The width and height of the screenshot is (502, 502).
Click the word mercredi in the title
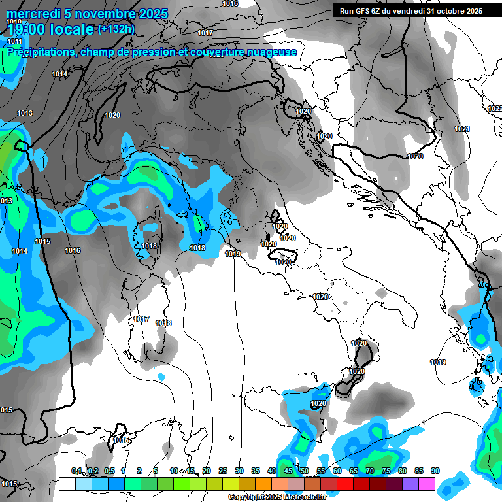[33, 14]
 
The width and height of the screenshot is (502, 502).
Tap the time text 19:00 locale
[51, 29]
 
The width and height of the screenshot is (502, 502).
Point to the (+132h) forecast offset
[116, 29]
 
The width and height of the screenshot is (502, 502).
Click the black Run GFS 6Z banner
[410, 10]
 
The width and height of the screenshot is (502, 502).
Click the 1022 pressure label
[495, 109]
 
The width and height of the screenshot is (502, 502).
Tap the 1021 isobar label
[462, 129]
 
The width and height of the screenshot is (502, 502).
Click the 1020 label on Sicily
[318, 404]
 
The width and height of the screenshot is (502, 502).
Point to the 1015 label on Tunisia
[121, 441]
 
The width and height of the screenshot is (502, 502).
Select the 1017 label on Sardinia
[141, 319]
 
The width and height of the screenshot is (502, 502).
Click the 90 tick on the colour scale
[435, 471]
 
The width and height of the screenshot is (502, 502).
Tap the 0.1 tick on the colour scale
[76, 471]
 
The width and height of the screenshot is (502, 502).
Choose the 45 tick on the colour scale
[288, 471]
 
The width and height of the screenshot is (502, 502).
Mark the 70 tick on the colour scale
[370, 471]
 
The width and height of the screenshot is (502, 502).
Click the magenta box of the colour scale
[427, 484]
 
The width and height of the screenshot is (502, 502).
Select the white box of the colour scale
[67, 484]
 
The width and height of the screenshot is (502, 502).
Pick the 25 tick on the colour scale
[223, 471]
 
